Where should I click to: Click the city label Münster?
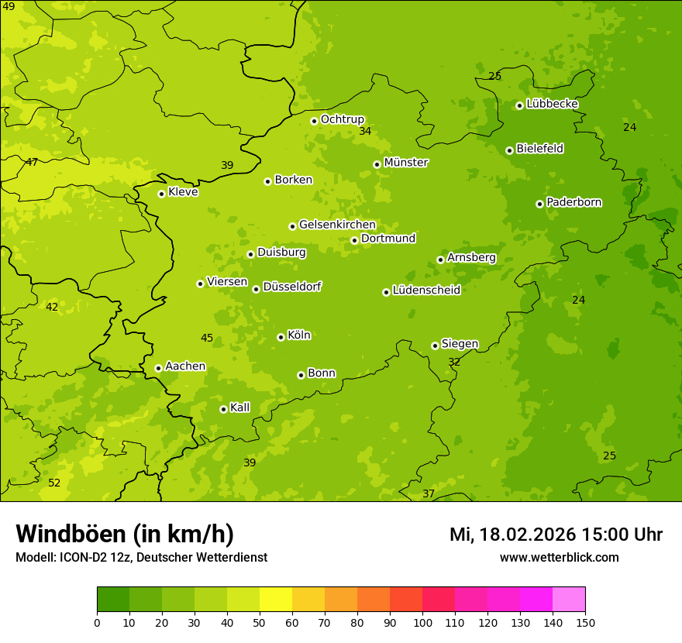[x=405, y=163]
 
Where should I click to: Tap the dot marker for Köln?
[x=281, y=337]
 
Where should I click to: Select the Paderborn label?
[x=573, y=202]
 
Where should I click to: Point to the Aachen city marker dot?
[x=158, y=368]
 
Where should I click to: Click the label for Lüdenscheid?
[x=426, y=291]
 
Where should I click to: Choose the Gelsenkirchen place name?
[x=337, y=225]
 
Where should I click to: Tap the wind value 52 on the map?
[x=54, y=483]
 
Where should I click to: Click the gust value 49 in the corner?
[x=9, y=6]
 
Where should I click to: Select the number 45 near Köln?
[x=207, y=338]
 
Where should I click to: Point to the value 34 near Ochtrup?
[x=365, y=131]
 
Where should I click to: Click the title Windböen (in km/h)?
[x=124, y=534]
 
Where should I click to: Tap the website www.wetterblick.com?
[x=559, y=557]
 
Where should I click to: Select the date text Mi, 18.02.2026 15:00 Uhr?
[x=556, y=535]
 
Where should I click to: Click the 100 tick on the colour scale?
[x=422, y=622]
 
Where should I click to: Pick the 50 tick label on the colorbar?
[x=260, y=622]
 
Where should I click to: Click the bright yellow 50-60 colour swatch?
[x=276, y=600]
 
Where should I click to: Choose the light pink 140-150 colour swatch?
[x=569, y=600]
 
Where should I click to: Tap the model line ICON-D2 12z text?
[x=141, y=557]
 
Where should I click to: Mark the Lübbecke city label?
[x=552, y=104]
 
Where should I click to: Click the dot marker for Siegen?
[x=435, y=346]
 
